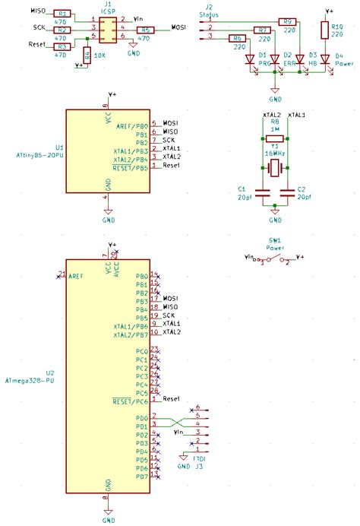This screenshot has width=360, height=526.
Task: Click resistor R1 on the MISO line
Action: coord(63,14)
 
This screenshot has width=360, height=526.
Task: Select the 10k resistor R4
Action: coord(88,55)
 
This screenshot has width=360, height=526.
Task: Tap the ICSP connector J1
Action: coord(107,31)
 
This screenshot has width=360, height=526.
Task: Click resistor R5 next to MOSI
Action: coord(147,30)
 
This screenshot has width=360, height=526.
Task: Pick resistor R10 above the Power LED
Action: coord(326,30)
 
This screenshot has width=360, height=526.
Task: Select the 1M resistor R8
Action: coord(274,138)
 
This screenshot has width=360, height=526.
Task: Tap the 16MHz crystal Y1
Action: coord(274,165)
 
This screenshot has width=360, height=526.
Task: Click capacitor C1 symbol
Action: coord(262,192)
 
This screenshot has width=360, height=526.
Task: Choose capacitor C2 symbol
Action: coord(286,192)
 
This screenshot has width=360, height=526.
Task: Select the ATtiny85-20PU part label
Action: coord(35,154)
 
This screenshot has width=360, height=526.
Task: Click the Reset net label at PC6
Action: coord(172,398)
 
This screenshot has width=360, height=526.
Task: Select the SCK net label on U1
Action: coord(169,140)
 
